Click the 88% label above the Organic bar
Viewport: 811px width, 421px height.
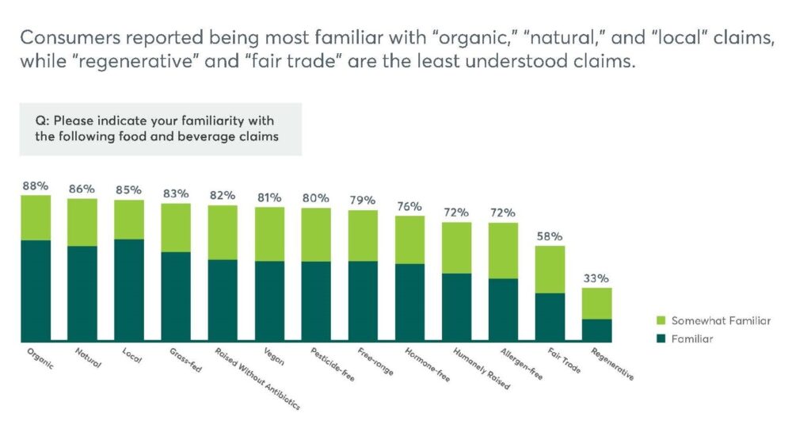tap(35, 186)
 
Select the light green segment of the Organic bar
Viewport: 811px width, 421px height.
tap(36, 217)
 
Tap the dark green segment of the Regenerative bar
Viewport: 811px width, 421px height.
tap(596, 330)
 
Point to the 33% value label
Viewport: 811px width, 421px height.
tap(596, 278)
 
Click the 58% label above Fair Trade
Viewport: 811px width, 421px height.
tap(550, 236)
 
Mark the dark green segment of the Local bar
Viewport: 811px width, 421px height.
tap(129, 289)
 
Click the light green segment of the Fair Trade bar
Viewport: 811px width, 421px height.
tap(550, 270)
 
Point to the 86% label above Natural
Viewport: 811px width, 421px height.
tap(82, 189)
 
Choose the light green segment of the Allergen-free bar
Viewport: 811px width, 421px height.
tap(503, 251)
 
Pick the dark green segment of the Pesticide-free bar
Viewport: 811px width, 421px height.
tap(316, 301)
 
